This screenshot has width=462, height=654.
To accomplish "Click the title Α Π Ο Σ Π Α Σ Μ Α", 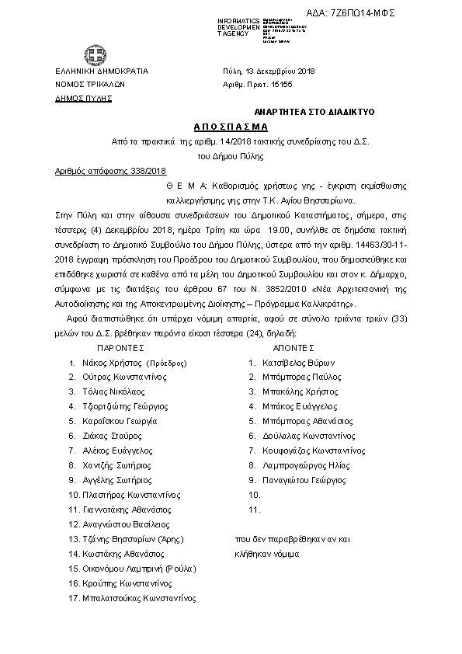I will [231, 127].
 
